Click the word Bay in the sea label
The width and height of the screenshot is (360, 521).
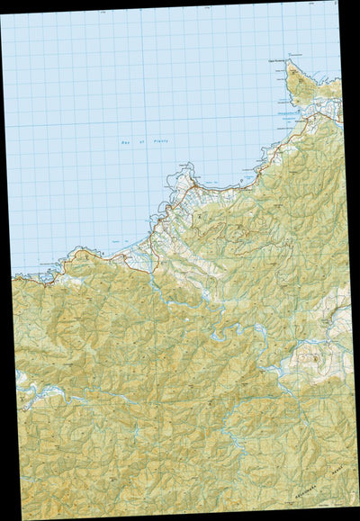pos(124,143)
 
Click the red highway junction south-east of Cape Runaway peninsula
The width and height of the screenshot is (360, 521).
pos(330,117)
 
